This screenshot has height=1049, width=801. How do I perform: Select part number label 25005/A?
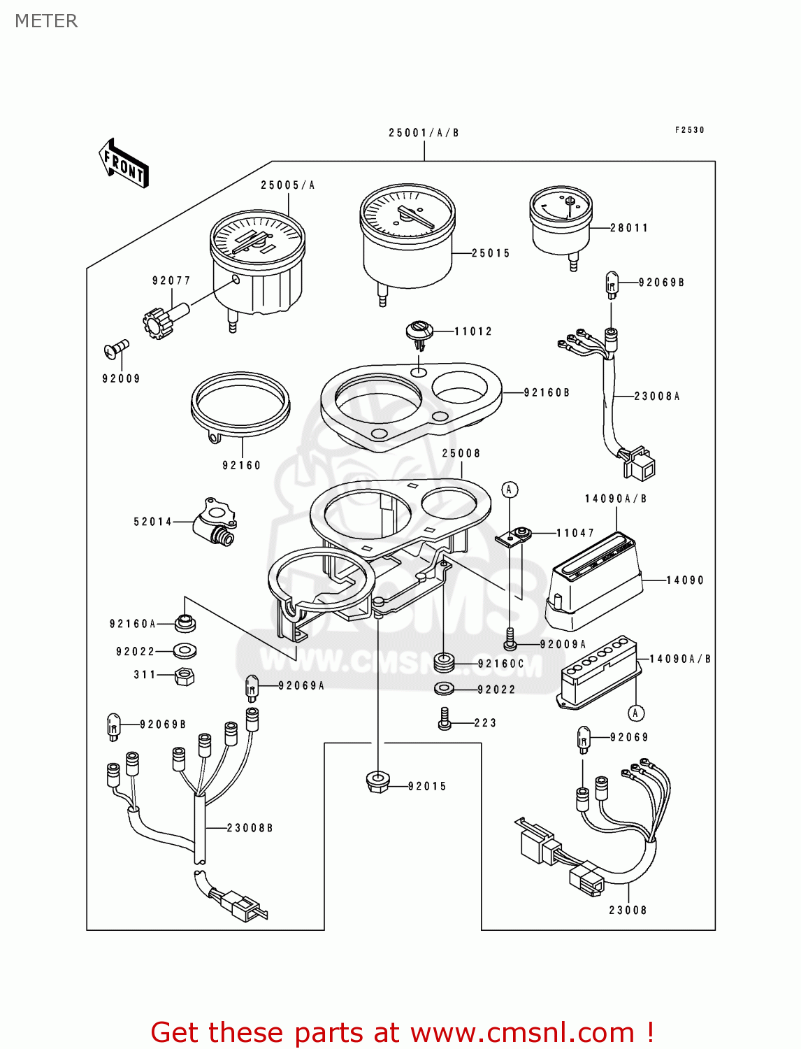click(287, 185)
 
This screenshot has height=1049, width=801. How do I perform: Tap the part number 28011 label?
click(629, 228)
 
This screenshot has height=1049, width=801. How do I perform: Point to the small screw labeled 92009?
click(117, 347)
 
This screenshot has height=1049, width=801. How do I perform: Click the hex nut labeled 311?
click(185, 676)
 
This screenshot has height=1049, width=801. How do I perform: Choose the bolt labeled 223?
click(445, 719)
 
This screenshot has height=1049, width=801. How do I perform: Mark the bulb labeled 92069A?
click(252, 687)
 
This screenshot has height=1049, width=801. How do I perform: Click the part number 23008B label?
click(250, 828)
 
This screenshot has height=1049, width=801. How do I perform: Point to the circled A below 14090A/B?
click(635, 713)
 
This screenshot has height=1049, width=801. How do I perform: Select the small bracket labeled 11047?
click(516, 536)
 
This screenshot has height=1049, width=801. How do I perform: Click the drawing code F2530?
click(689, 130)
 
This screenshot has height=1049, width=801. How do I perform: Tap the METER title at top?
click(46, 21)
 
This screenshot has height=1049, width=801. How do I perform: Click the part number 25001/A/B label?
click(424, 133)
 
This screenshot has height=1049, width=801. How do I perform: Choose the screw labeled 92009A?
click(510, 638)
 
